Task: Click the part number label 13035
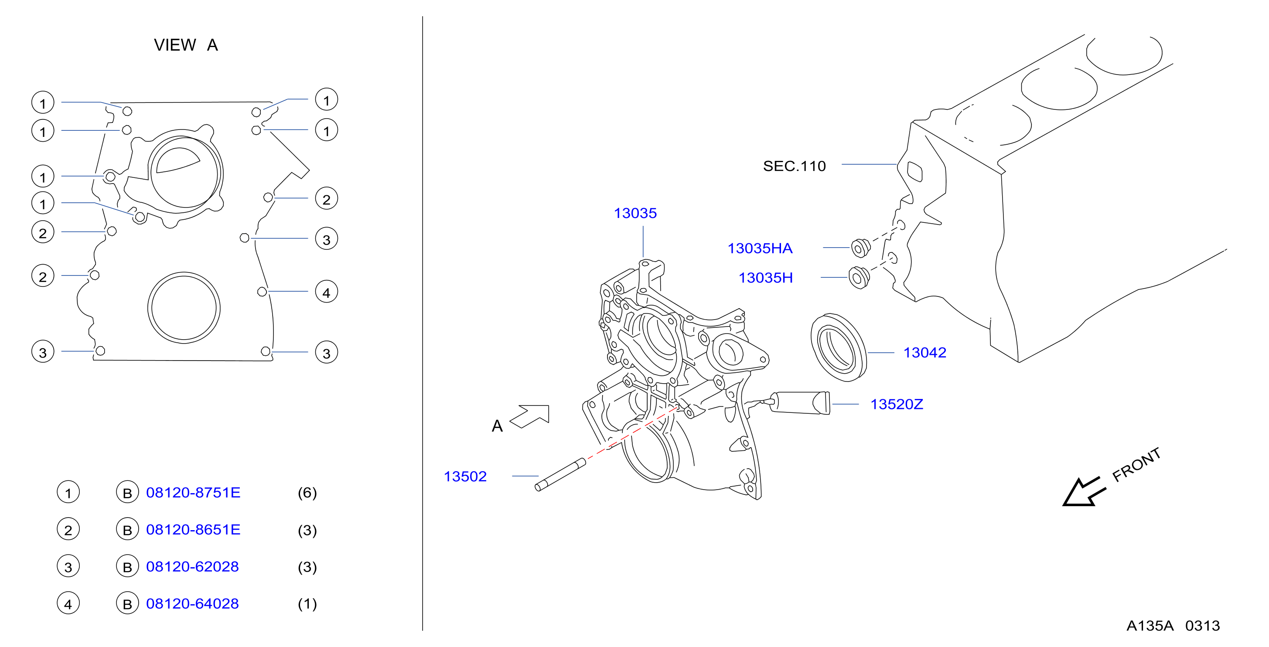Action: pos(635,213)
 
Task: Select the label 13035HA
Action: pos(760,248)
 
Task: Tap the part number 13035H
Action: pos(765,278)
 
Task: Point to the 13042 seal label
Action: pos(924,353)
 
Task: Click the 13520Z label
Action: pos(897,404)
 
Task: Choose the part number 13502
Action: pos(465,476)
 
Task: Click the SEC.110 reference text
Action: pos(794,166)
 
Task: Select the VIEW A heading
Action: pos(186,45)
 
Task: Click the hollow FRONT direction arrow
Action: pos(1084,492)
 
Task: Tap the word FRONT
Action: pos(1136,464)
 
